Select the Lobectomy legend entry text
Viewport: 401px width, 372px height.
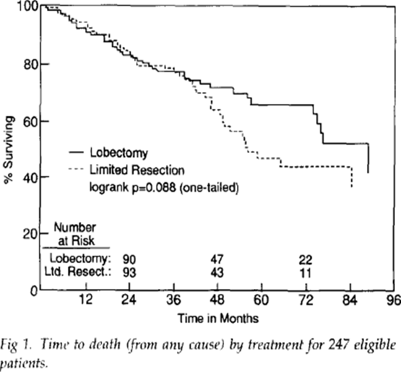coord(118,152)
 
